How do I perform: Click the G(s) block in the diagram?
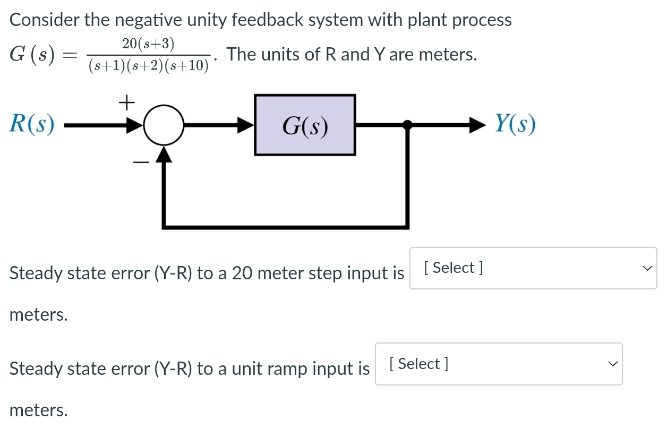point(305,125)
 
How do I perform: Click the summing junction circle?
point(164,126)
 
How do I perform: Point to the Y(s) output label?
point(515,125)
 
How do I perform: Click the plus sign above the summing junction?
point(126,102)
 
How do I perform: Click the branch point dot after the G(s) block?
point(407,125)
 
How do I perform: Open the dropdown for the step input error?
point(533,268)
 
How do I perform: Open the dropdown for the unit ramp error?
point(498,364)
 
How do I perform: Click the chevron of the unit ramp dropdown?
point(613,364)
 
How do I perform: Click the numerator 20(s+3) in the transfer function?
point(148,44)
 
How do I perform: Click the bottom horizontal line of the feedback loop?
point(286,227)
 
